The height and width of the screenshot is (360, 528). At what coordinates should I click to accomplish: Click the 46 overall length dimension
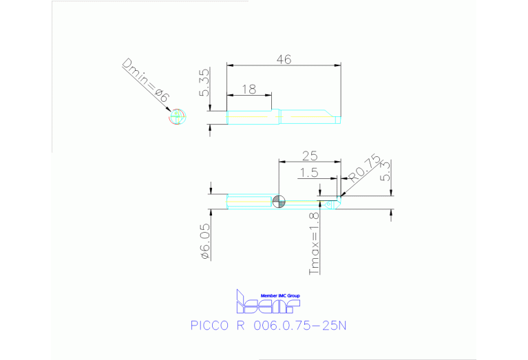[284, 60]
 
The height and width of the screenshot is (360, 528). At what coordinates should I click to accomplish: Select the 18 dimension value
[249, 88]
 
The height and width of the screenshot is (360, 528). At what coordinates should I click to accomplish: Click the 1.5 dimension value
[309, 173]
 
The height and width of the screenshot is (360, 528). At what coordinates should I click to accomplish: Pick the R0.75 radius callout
[364, 169]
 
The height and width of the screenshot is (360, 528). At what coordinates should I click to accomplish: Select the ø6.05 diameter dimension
[204, 240]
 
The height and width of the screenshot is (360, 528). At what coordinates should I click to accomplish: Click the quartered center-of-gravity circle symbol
[278, 201]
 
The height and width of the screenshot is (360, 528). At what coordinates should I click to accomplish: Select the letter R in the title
[240, 325]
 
